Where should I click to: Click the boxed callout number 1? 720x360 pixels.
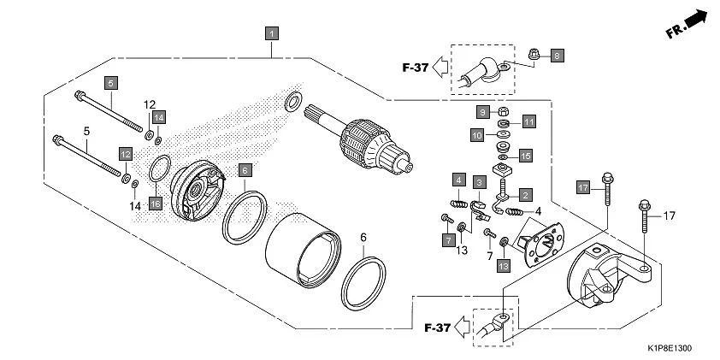click(x=272, y=34)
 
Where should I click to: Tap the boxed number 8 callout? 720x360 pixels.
click(x=557, y=56)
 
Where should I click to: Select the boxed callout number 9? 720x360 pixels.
click(x=482, y=112)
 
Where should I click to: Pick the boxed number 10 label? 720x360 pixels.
click(x=477, y=134)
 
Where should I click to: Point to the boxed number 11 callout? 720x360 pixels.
click(x=528, y=121)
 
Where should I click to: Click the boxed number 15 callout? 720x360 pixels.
click(x=526, y=155)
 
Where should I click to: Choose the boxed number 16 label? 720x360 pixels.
click(x=155, y=203)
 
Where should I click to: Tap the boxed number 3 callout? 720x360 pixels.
click(x=481, y=182)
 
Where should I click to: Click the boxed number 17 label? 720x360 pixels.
click(x=582, y=187)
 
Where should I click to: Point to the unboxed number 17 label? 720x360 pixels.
click(x=669, y=215)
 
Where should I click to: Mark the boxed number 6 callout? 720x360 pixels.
click(x=245, y=170)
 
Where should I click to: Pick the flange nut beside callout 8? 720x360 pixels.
click(x=533, y=55)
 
